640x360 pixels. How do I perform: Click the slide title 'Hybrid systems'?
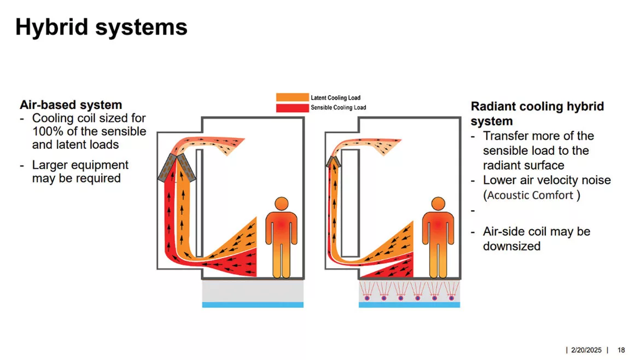[x=101, y=27]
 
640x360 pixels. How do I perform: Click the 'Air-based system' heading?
[x=71, y=104]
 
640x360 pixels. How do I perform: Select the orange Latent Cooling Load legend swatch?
[x=293, y=98]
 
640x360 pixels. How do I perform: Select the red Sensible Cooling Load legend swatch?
[x=293, y=108]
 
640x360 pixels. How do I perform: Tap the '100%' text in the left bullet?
[x=46, y=131]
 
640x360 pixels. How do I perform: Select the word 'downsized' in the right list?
[x=511, y=246]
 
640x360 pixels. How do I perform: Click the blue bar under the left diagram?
[x=252, y=305]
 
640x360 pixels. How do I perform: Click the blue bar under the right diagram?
[x=409, y=305]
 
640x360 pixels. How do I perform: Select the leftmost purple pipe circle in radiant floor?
[x=366, y=298]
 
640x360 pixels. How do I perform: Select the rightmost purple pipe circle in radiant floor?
[x=451, y=298]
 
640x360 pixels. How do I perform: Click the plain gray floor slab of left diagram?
[x=252, y=291]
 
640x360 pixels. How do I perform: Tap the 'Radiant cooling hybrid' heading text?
[x=537, y=107]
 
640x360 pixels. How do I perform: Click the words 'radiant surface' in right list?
[x=523, y=165]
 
